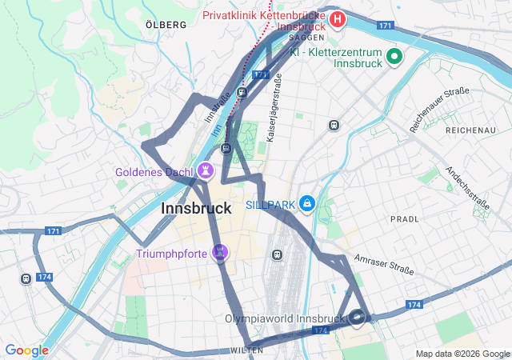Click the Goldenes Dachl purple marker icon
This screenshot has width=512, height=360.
tap(206, 170)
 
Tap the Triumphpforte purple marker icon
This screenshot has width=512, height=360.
tap(220, 253)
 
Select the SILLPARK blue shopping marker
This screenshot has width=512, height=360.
tap(306, 205)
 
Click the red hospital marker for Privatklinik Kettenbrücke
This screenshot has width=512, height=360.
tap(338, 18)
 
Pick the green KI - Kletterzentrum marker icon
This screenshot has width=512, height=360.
tap(394, 56)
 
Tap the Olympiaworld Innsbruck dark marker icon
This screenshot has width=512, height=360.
tap(358, 318)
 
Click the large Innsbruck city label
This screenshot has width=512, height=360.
tap(196, 208)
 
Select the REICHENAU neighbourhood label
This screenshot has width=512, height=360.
tap(471, 130)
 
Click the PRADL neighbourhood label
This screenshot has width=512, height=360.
tap(404, 218)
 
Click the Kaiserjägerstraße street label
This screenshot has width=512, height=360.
tap(274, 108)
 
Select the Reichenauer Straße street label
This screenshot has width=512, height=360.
tap(439, 110)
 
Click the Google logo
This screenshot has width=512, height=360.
tap(26, 350)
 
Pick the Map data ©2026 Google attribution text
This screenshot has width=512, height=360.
tap(462, 354)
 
